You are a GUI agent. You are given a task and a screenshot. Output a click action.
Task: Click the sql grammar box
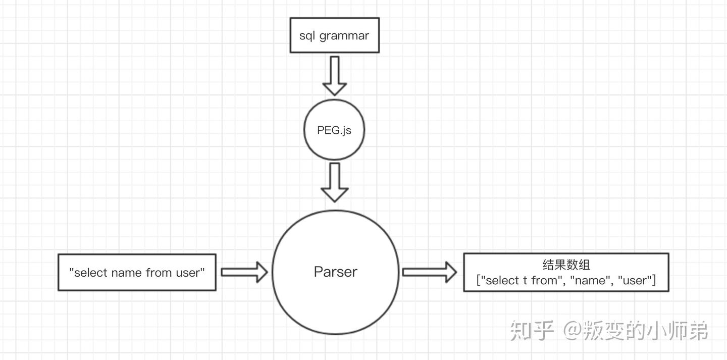click(334, 35)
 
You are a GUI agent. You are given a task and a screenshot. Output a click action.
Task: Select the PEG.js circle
click(334, 130)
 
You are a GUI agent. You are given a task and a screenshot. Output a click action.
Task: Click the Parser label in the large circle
click(335, 272)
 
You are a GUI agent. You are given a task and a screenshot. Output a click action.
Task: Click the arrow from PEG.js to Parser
click(334, 182)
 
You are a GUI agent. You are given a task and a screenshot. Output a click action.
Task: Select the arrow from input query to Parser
click(244, 272)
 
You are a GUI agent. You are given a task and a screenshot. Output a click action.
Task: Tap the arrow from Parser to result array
click(429, 272)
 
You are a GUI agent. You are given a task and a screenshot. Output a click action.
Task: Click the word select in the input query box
click(91, 273)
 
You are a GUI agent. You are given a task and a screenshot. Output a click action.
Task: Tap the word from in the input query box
click(159, 273)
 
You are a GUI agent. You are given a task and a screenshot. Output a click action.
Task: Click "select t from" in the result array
click(521, 281)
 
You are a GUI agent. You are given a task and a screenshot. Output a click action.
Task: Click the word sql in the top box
click(307, 36)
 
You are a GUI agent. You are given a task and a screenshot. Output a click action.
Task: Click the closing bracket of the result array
click(654, 281)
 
